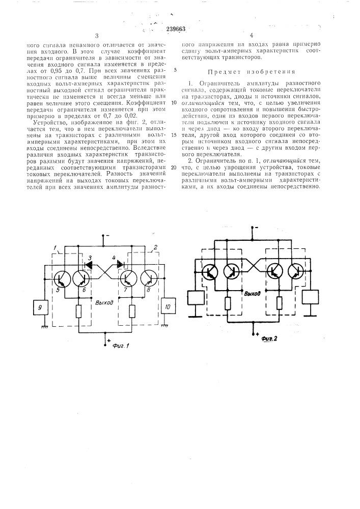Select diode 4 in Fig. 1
coord(121,264)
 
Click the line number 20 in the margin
coord(174,167)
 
